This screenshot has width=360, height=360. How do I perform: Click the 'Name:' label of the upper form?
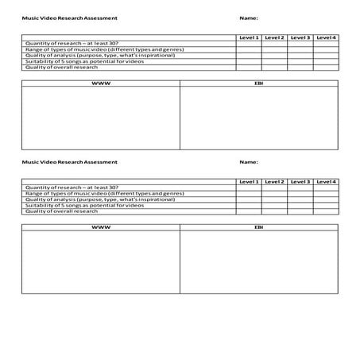pos(248,17)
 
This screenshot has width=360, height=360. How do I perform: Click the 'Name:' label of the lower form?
pos(248,162)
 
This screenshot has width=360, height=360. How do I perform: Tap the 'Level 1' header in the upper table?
pos(249,37)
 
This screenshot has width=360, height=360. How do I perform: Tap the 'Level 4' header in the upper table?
pos(326,37)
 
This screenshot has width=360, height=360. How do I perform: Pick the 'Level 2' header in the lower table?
pos(274,182)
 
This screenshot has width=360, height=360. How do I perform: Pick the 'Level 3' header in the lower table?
pos(300,182)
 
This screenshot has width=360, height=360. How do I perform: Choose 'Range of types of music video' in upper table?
pos(104,49)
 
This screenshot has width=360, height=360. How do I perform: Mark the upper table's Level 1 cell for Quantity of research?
pos(249,43)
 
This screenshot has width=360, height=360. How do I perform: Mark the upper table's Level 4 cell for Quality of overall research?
pos(326,67)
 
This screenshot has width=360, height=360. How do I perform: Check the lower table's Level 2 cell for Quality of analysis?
pos(274,199)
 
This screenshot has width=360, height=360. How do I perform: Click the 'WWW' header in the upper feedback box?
pos(101,83)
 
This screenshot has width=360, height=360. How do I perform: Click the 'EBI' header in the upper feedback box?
pos(258,83)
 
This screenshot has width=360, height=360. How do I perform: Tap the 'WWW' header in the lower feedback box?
pos(101,227)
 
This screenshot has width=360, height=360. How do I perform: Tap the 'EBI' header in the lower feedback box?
pos(258,227)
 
